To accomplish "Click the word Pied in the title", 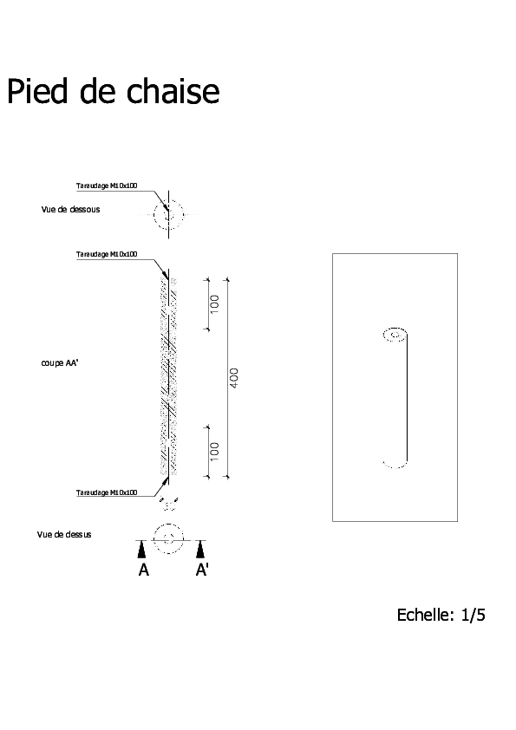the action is click(x=37, y=91).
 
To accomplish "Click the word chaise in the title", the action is click(x=173, y=91).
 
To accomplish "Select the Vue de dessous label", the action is click(x=71, y=210).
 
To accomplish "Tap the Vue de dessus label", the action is click(x=64, y=534).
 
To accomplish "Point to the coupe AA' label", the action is click(x=60, y=362).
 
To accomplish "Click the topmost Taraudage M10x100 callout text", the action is click(x=107, y=186).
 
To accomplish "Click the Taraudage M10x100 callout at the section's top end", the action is click(x=107, y=254).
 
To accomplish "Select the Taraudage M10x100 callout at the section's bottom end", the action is click(x=107, y=492).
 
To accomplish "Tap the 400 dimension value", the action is click(x=234, y=378).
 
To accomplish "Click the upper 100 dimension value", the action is click(x=214, y=304).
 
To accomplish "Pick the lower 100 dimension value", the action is click(x=214, y=452).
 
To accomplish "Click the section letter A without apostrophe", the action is click(x=143, y=570).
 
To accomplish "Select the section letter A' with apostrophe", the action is click(x=202, y=570).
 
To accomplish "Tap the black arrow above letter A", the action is click(x=142, y=550).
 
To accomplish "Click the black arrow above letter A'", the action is click(x=200, y=550).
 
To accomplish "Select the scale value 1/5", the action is click(x=474, y=615).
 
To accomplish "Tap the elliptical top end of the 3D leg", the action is click(x=395, y=329).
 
